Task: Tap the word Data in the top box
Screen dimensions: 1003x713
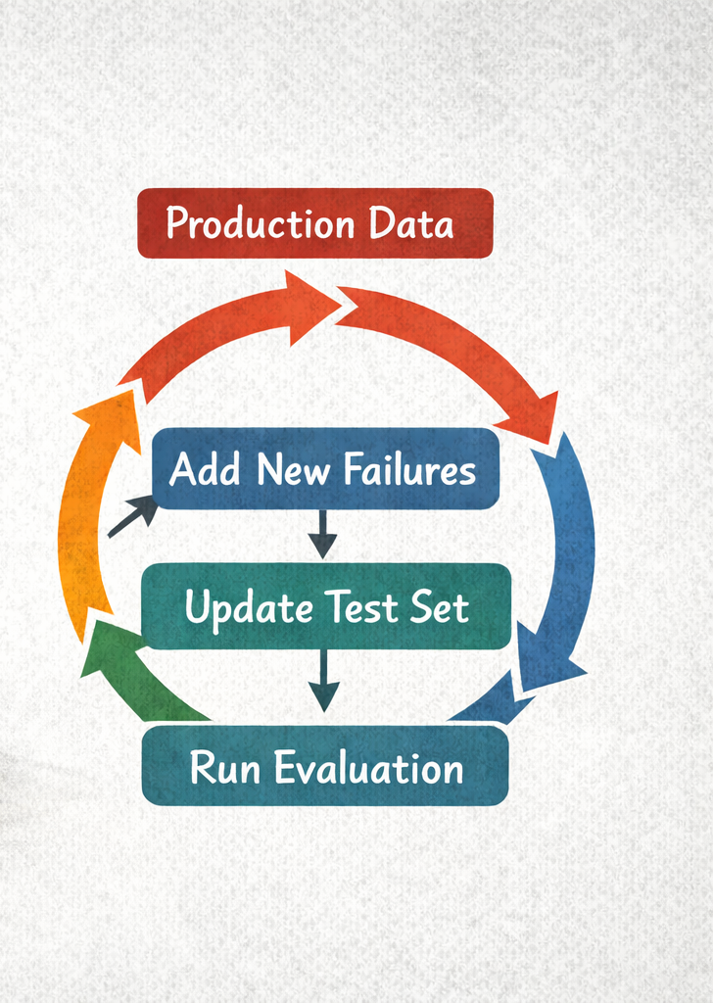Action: tap(411, 224)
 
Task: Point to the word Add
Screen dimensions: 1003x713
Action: tap(204, 470)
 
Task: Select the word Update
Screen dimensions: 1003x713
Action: tap(248, 608)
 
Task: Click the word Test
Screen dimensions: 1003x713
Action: tap(358, 608)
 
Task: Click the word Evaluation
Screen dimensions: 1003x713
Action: tap(368, 768)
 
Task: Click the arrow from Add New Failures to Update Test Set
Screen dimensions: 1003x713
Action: tap(321, 535)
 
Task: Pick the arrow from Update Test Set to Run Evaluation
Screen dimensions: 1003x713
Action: tap(323, 684)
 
